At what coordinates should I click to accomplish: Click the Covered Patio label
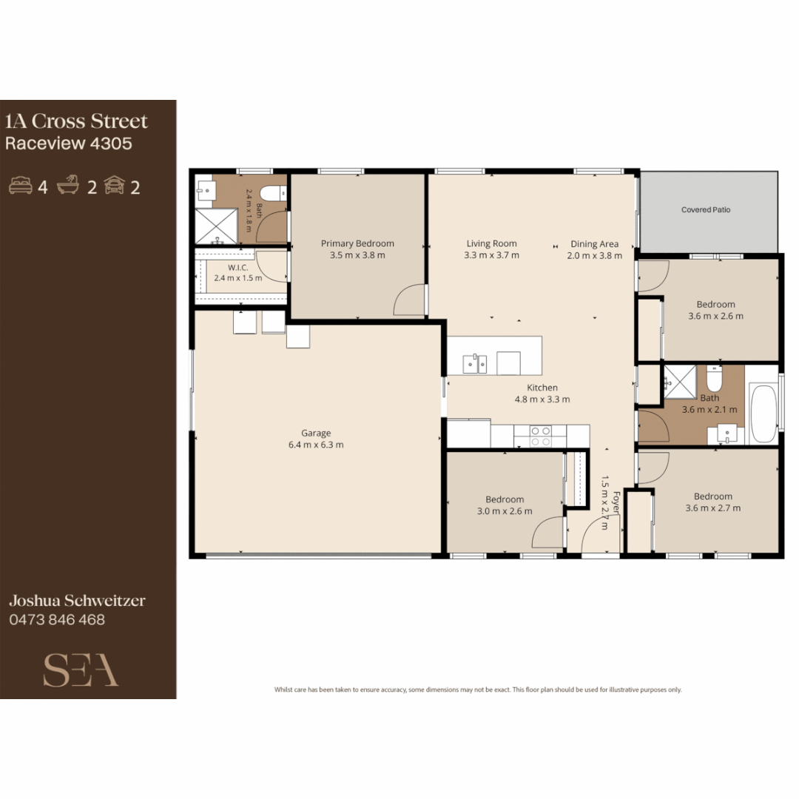(x=706, y=209)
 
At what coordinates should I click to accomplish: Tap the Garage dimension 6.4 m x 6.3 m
(x=316, y=445)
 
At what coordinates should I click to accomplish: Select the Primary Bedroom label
(x=357, y=243)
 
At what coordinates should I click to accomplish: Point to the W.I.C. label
(x=238, y=268)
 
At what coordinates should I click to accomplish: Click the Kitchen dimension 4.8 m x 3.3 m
(x=542, y=399)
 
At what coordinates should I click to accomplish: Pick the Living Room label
(x=492, y=243)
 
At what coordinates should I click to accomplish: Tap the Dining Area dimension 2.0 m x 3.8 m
(x=595, y=256)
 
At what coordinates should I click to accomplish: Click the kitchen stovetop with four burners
(x=540, y=436)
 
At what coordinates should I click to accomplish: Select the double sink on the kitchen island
(x=474, y=364)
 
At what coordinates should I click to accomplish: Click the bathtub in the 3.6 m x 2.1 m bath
(x=763, y=414)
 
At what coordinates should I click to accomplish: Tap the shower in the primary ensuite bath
(x=217, y=226)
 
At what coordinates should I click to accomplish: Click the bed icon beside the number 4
(x=21, y=186)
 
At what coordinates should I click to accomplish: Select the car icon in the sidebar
(x=115, y=185)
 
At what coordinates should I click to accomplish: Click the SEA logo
(x=81, y=670)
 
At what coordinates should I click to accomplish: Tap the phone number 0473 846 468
(x=57, y=620)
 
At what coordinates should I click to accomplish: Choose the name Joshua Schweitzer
(x=77, y=601)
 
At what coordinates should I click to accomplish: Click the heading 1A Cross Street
(x=76, y=121)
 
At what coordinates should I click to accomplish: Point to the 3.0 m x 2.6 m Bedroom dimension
(x=505, y=511)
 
